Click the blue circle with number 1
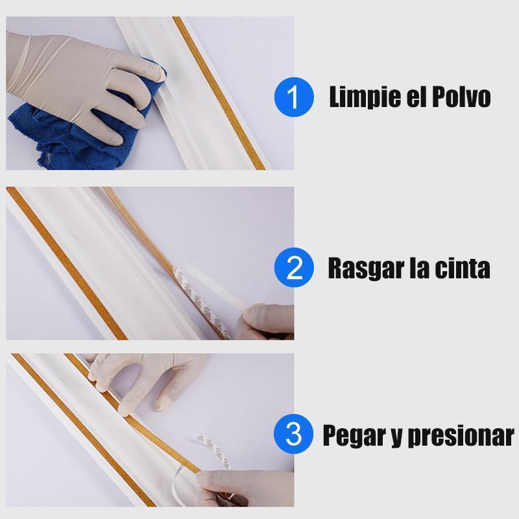click(x=294, y=97)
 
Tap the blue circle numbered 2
click(x=294, y=267)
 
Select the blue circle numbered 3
click(x=294, y=434)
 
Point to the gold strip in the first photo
click(x=219, y=93)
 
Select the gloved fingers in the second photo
click(x=267, y=322)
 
